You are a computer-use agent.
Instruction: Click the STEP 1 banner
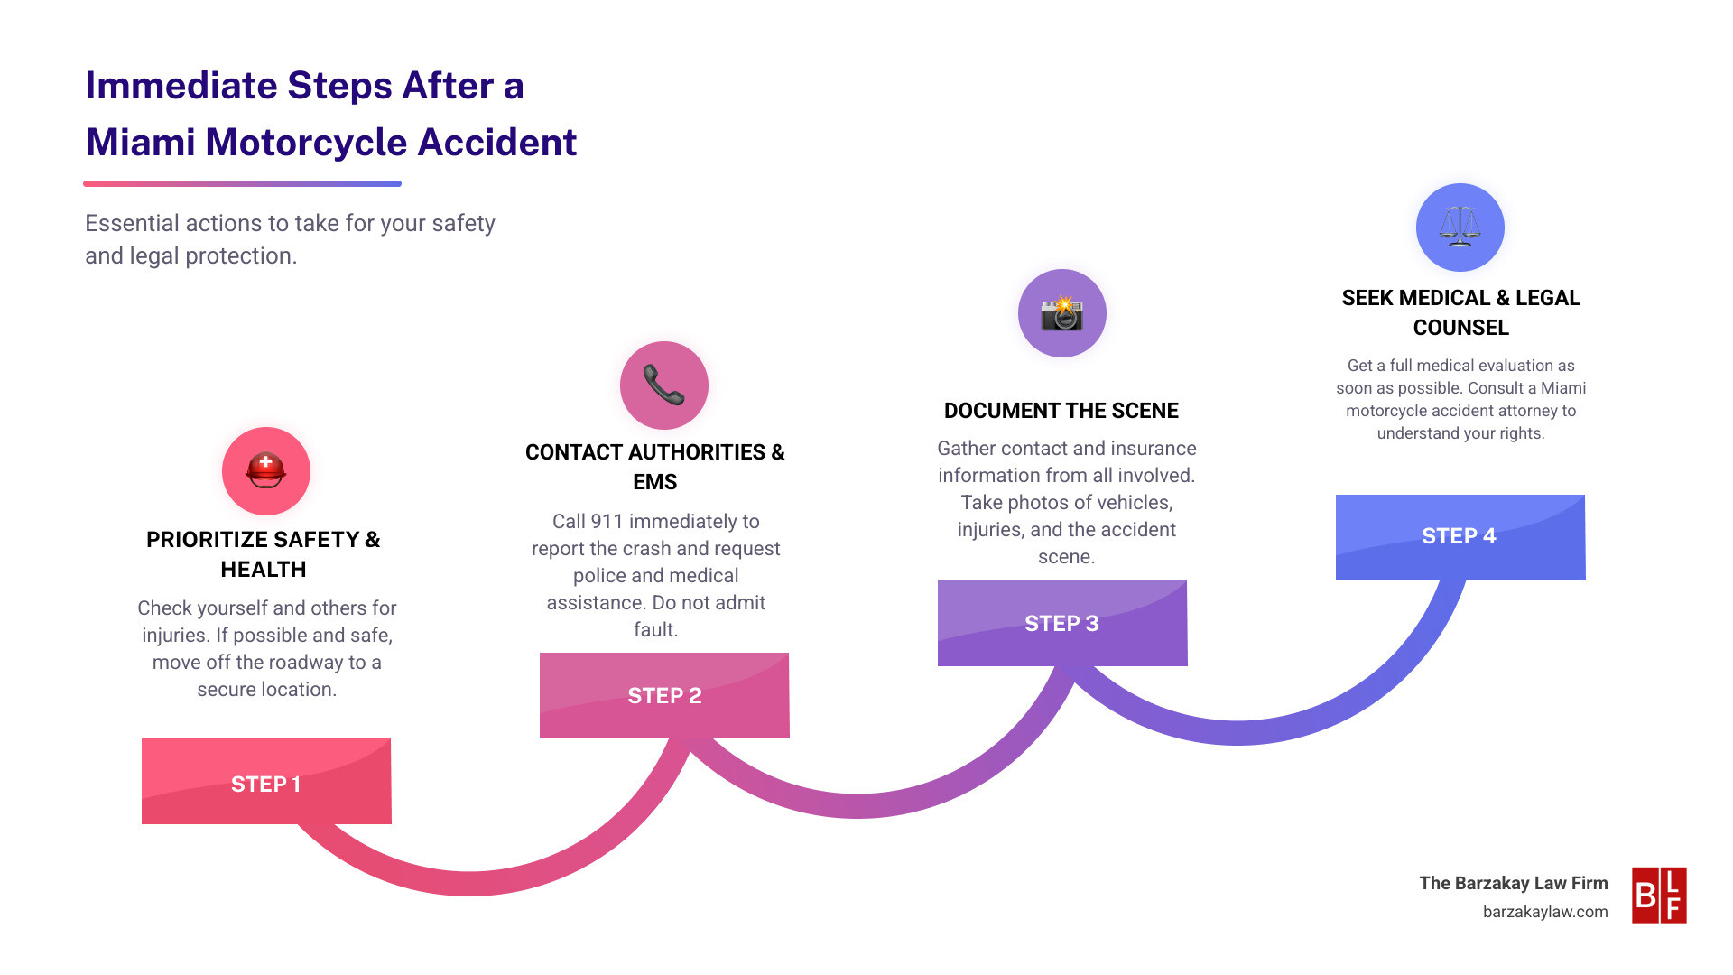[x=266, y=782]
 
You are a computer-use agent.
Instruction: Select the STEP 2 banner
[x=664, y=695]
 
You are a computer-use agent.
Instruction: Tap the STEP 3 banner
[x=1061, y=623]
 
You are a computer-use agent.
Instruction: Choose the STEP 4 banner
[x=1460, y=536]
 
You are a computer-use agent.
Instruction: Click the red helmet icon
[x=266, y=470]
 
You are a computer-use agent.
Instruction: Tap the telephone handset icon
[x=664, y=385]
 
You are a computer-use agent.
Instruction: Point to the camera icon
[x=1061, y=313]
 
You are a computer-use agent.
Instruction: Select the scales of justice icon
[x=1460, y=227]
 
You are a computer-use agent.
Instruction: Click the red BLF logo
[x=1659, y=895]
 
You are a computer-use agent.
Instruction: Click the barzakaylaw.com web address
[x=1544, y=912]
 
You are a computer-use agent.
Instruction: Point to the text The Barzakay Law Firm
[x=1513, y=883]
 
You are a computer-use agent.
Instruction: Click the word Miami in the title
[x=140, y=143]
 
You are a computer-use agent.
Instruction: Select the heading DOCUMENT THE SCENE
[x=1061, y=411]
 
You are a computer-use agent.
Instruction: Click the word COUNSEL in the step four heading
[x=1460, y=328]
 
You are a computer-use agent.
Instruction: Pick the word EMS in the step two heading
[x=654, y=482]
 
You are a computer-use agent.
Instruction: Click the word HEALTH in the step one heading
[x=264, y=570]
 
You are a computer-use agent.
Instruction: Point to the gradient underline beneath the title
[x=242, y=184]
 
